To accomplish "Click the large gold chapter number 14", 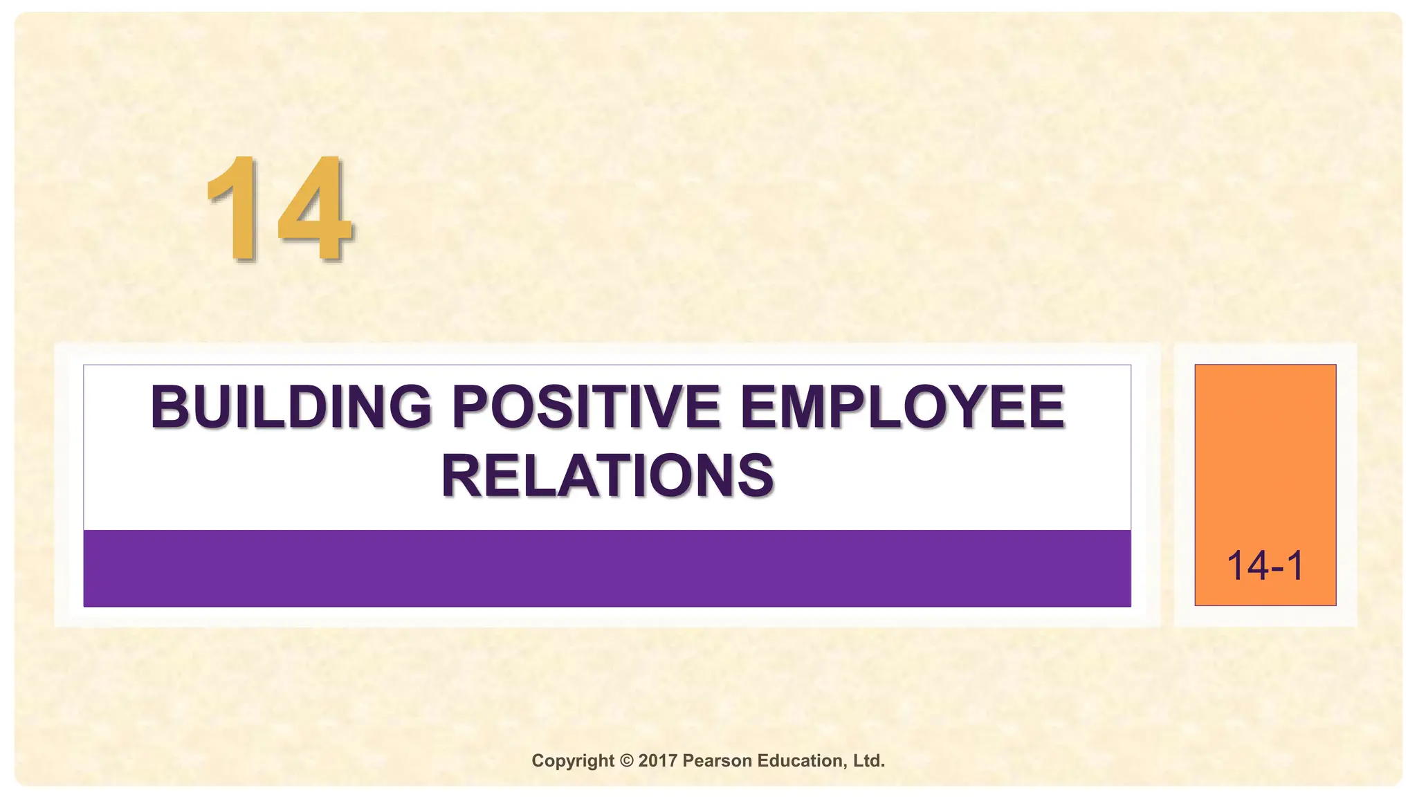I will pyautogui.click(x=280, y=209).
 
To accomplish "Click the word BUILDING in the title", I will pyautogui.click(x=291, y=407).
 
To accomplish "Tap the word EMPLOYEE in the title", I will pyautogui.click(x=902, y=407).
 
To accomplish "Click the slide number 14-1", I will pyautogui.click(x=1265, y=566).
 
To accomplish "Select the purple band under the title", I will pyautogui.click(x=607, y=568).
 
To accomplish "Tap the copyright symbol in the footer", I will pyautogui.click(x=626, y=761).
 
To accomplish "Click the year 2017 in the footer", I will pyautogui.click(x=657, y=761).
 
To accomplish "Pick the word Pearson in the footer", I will pyautogui.click(x=717, y=761).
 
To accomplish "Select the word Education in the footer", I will pyautogui.click(x=802, y=761).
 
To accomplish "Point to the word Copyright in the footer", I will pyautogui.click(x=572, y=761).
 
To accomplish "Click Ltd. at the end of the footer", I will pyautogui.click(x=869, y=761).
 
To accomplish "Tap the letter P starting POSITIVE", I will pyautogui.click(x=470, y=407).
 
